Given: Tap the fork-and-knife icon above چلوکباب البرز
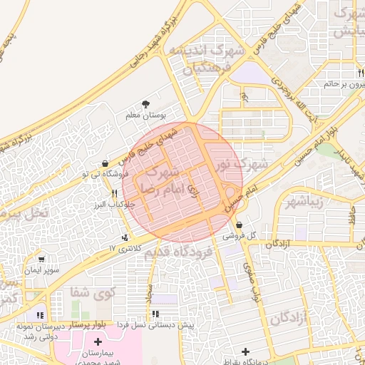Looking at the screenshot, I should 114,192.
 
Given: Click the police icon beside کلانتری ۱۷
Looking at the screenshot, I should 126,237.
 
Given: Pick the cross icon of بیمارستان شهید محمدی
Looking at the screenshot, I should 98,343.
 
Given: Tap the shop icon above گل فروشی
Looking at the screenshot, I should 239,225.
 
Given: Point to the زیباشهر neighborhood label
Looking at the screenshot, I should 304,202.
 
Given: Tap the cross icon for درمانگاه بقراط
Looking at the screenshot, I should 246,351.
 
